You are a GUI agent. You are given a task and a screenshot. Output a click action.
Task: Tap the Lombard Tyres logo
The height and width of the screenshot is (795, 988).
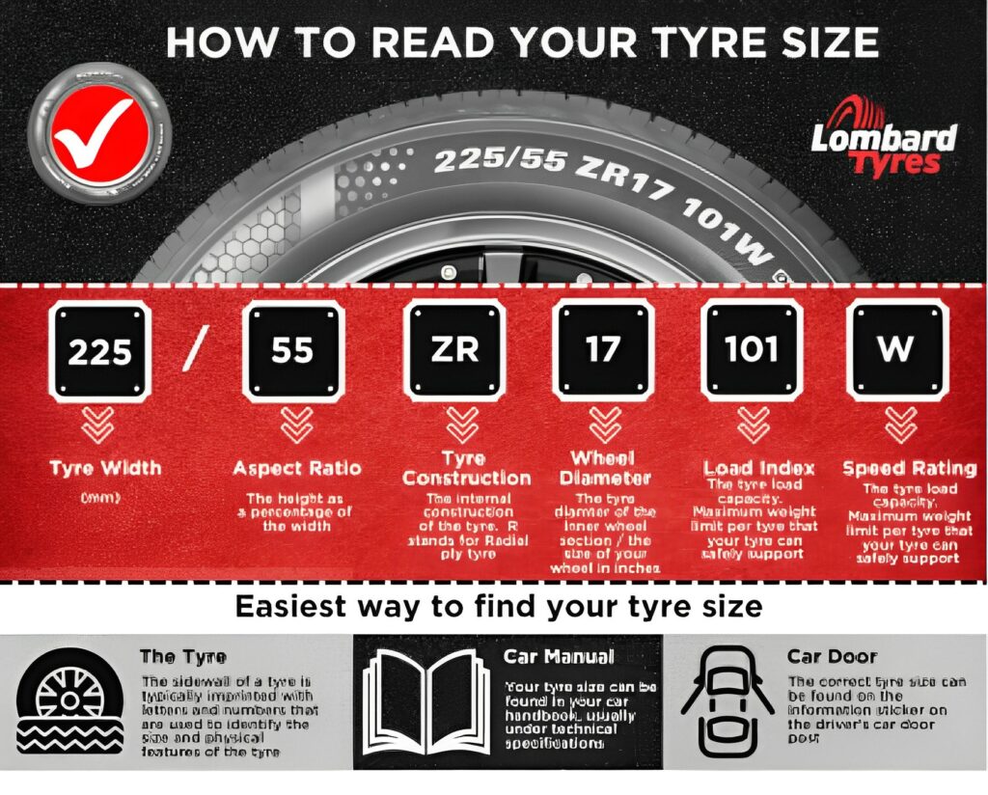coord(884,148)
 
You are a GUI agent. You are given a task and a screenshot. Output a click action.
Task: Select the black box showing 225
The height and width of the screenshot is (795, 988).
coord(100,350)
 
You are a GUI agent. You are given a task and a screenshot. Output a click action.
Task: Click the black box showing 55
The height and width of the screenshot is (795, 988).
coord(292,350)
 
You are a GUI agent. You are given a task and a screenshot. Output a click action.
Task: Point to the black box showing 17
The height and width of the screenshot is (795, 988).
coord(603,350)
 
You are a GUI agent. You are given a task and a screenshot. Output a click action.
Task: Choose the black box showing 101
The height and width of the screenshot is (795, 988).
coord(752,350)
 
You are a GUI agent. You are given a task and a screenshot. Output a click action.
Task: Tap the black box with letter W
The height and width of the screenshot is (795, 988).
coord(896,350)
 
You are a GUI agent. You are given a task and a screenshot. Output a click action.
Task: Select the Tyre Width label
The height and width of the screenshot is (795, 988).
coord(106,469)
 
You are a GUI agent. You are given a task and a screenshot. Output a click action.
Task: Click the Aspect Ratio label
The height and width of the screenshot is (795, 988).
coord(296,469)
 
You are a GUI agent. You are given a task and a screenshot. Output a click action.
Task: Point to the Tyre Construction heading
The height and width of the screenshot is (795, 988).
coord(466,468)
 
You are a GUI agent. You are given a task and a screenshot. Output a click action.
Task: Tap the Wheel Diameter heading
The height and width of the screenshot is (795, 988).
coord(604,467)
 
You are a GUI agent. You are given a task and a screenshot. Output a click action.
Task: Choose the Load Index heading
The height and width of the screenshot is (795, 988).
coord(759,468)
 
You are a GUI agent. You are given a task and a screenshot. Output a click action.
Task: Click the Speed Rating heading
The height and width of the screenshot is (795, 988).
coord(909,468)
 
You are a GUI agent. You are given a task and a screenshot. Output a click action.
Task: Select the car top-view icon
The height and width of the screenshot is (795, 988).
coord(728,701)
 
